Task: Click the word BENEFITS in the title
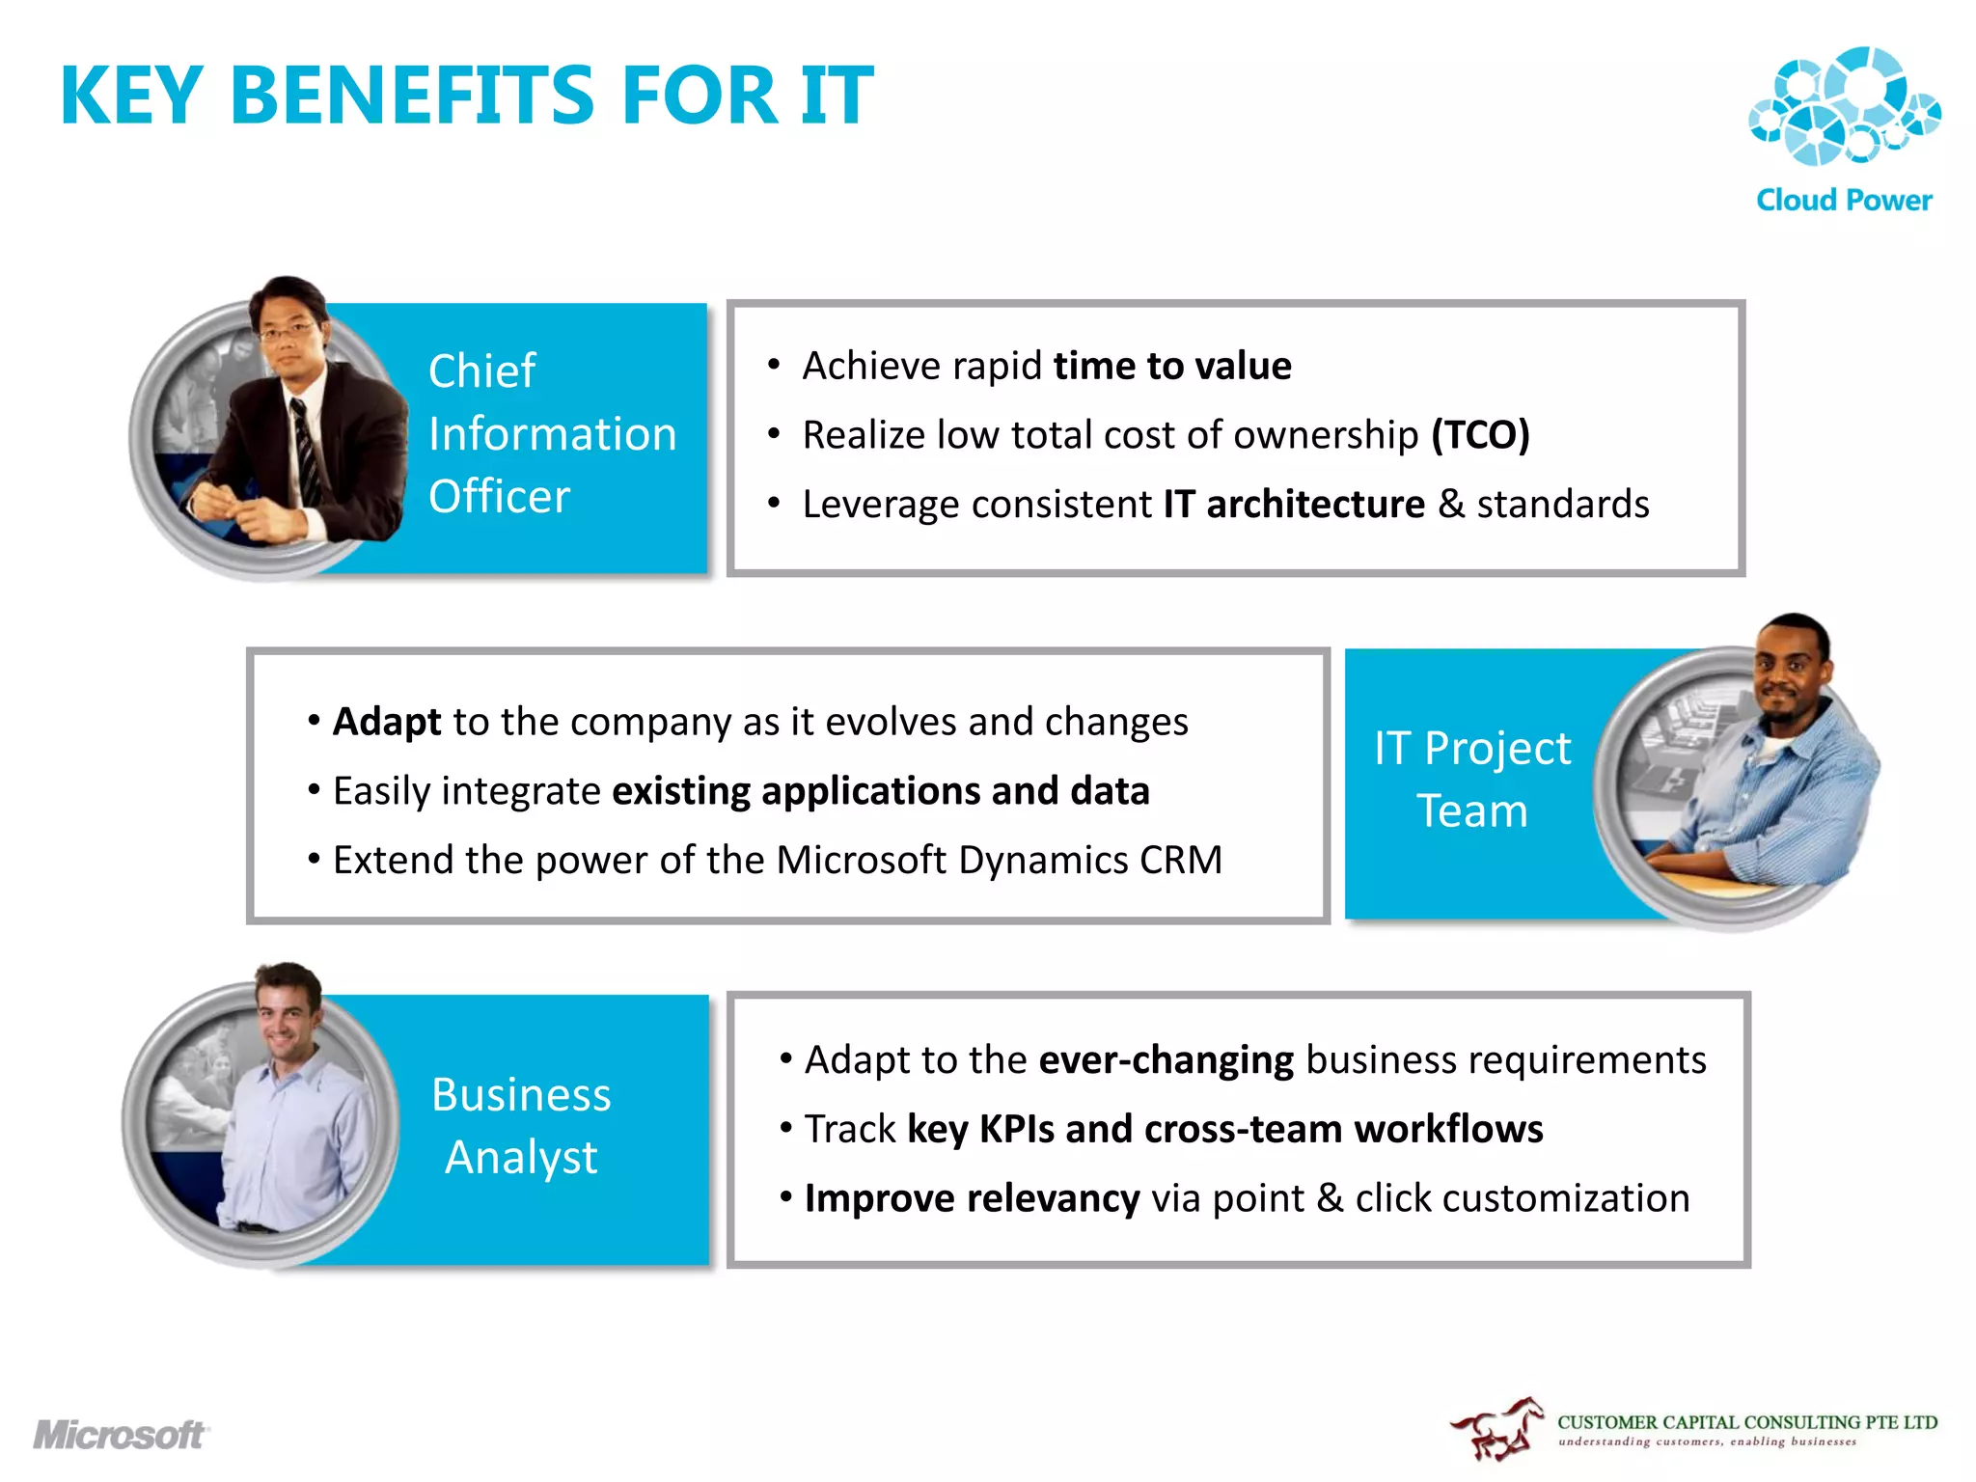(413, 96)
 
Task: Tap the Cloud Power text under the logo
(1844, 200)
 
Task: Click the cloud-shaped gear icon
(1844, 106)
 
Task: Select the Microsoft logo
(121, 1435)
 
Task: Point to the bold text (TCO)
(1480, 435)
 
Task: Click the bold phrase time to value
(1171, 366)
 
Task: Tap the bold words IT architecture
(1293, 505)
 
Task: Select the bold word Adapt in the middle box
(387, 722)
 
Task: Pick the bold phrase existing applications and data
(880, 791)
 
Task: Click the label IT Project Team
(1472, 779)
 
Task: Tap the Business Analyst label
(521, 1125)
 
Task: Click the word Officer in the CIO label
(499, 497)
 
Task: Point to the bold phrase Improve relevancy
(972, 1198)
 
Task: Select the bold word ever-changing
(1166, 1060)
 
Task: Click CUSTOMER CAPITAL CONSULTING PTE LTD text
(1746, 1422)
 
